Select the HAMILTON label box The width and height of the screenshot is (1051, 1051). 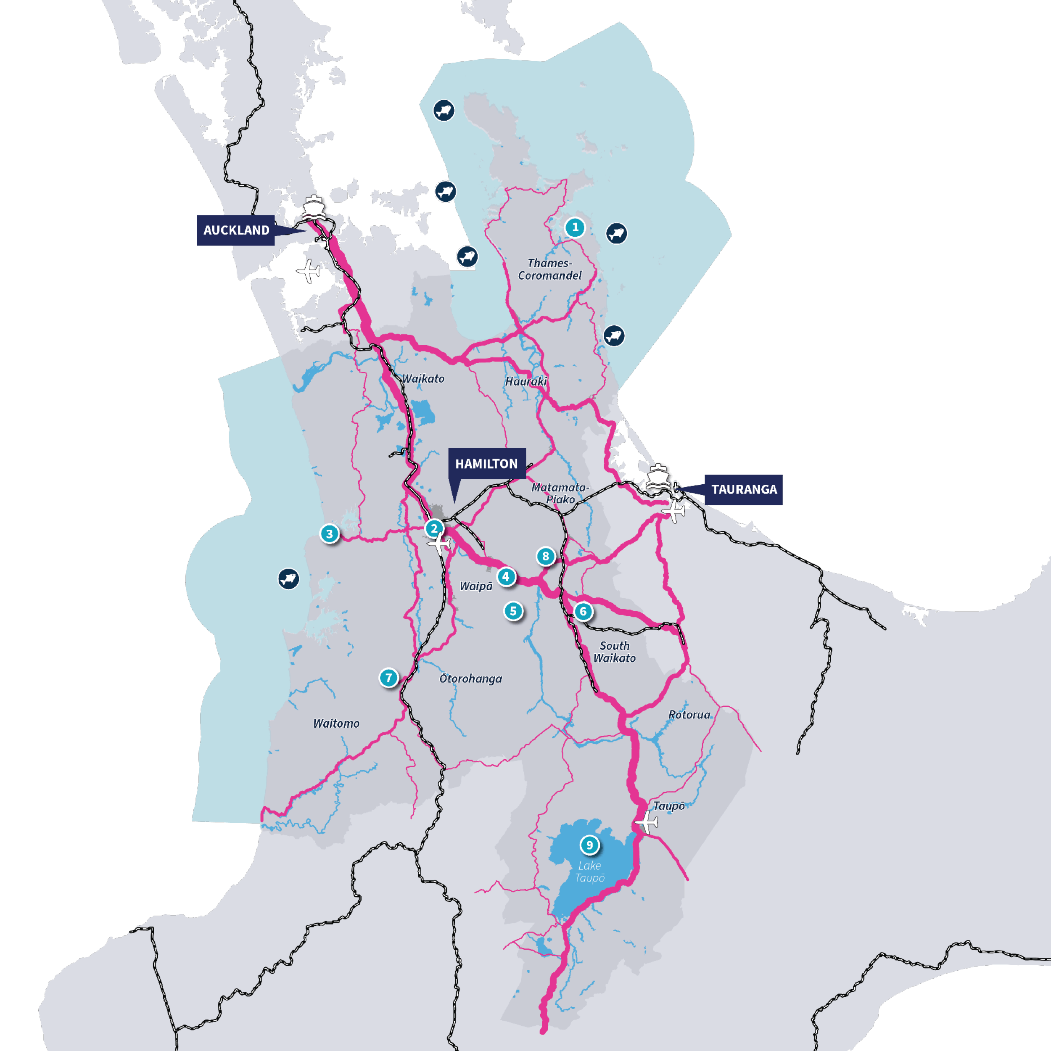(x=486, y=463)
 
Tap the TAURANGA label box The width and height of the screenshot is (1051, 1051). (x=744, y=489)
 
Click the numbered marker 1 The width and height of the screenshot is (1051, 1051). (x=575, y=227)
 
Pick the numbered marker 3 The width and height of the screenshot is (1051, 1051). (x=329, y=533)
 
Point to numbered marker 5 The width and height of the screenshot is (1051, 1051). (x=513, y=611)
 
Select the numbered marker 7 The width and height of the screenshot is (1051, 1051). (x=388, y=678)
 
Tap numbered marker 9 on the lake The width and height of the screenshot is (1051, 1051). (x=589, y=845)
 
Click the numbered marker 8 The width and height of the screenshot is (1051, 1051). (x=546, y=556)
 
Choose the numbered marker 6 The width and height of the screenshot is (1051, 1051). (x=583, y=611)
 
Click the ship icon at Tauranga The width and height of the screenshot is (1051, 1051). (x=658, y=478)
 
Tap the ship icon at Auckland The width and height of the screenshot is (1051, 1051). (x=313, y=207)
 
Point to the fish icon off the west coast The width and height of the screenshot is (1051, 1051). (x=288, y=579)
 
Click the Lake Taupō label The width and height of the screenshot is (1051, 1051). (x=590, y=871)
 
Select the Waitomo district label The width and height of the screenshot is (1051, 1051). (x=336, y=724)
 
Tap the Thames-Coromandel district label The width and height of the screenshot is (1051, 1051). (x=549, y=269)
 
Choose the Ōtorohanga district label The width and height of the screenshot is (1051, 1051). (x=470, y=679)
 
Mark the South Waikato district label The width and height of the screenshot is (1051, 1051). (x=614, y=652)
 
